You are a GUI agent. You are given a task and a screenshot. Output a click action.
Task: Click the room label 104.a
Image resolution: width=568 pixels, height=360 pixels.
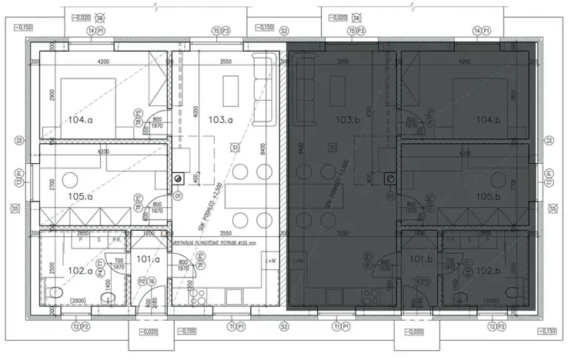[x=79, y=121]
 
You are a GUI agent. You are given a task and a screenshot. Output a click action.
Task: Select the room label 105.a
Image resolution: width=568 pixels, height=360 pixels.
[x=79, y=197]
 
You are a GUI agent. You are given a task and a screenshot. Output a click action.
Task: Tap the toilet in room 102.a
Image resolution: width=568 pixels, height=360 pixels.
[x=53, y=292]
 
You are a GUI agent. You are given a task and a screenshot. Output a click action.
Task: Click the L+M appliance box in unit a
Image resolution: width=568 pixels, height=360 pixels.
[x=270, y=262]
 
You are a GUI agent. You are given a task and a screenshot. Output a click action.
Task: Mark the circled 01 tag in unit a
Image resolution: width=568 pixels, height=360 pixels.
[x=177, y=195]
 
